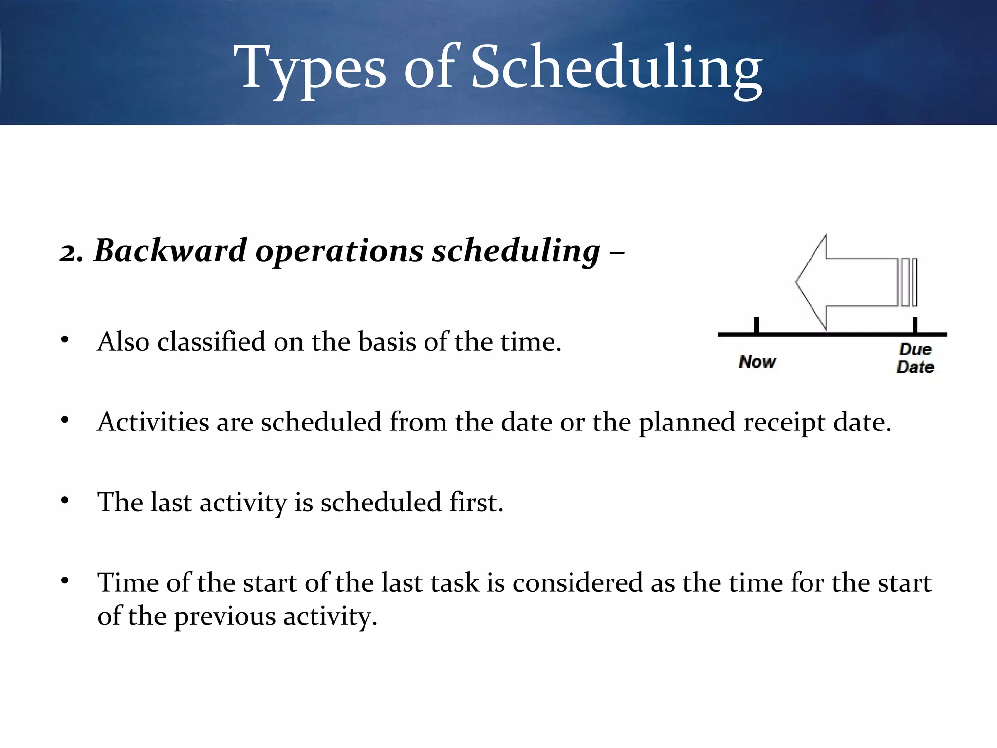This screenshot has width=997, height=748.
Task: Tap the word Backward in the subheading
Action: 170,251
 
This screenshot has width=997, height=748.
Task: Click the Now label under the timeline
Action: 757,362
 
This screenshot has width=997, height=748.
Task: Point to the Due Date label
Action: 915,358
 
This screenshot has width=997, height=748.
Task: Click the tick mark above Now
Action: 757,325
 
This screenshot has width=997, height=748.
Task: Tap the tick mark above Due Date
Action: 915,325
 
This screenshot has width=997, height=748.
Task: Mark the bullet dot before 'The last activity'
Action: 65,501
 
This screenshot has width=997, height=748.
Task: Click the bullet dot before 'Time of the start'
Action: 65,581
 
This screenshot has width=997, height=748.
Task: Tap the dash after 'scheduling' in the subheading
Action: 617,254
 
